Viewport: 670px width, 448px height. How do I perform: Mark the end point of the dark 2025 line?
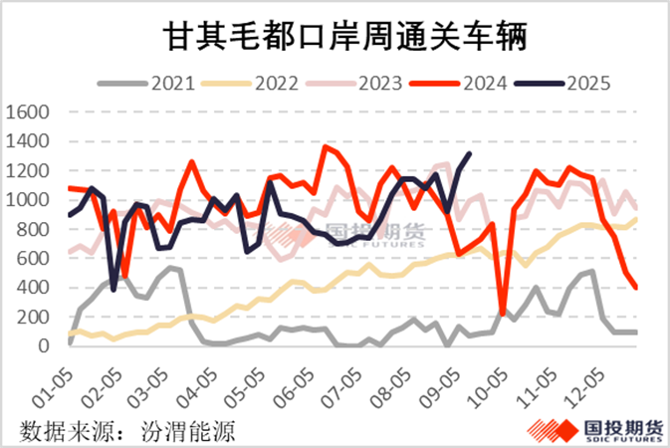coord(470,153)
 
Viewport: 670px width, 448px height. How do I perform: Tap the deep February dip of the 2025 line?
coord(114,289)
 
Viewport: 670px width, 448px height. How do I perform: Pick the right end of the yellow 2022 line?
coord(637,218)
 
